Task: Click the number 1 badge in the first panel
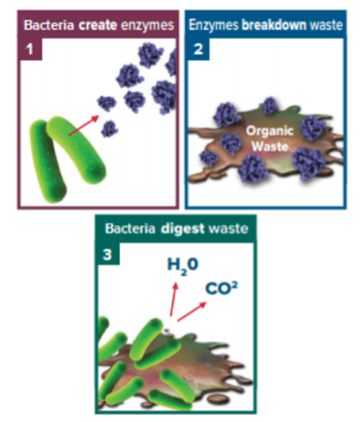pos(30,49)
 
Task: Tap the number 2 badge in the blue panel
pos(199,49)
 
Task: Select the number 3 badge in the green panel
pos(108,254)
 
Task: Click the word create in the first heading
pos(97,25)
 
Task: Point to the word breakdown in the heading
pos(274,25)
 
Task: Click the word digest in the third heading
pos(182,228)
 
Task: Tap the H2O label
pos(182,266)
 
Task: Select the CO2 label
pos(222,289)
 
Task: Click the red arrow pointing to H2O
pos(173,299)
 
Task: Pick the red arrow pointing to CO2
pos(192,312)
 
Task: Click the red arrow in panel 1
pos(83,125)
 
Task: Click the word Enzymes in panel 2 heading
pos(214,25)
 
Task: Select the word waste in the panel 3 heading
pos(228,228)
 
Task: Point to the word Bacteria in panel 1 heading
pos(49,25)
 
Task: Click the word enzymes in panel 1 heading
pos(147,26)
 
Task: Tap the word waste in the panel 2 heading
pos(326,25)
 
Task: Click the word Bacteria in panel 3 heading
pos(130,228)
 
